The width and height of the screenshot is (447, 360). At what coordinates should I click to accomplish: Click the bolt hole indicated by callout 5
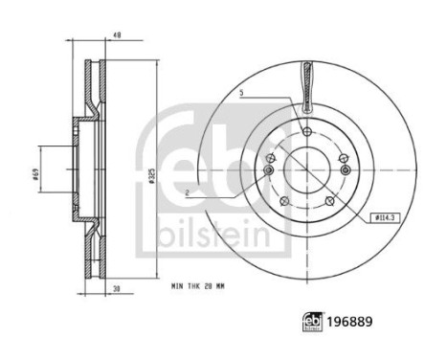306,132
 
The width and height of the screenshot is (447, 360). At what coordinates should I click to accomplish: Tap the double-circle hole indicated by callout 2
268,170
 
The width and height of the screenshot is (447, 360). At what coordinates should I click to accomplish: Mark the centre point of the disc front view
306,173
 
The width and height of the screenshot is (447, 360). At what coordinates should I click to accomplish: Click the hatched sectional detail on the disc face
306,86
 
